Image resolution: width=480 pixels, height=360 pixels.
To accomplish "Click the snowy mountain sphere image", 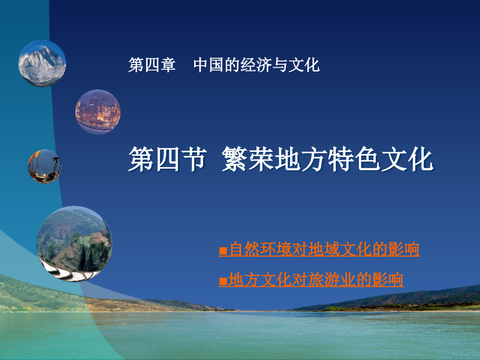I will [42, 63].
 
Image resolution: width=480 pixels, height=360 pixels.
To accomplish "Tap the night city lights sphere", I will [98, 111].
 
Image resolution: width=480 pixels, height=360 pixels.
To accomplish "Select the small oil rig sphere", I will [44, 166].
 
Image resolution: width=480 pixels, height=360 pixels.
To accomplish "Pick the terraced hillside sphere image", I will [74, 243].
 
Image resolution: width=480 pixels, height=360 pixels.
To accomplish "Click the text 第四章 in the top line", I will [152, 65].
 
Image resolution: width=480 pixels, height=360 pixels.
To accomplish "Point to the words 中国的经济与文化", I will [256, 65].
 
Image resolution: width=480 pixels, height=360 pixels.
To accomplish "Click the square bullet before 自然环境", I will [223, 251].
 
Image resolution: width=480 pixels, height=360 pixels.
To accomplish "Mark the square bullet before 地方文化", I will [223, 281].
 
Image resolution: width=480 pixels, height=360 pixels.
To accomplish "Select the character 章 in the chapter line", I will [168, 65].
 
